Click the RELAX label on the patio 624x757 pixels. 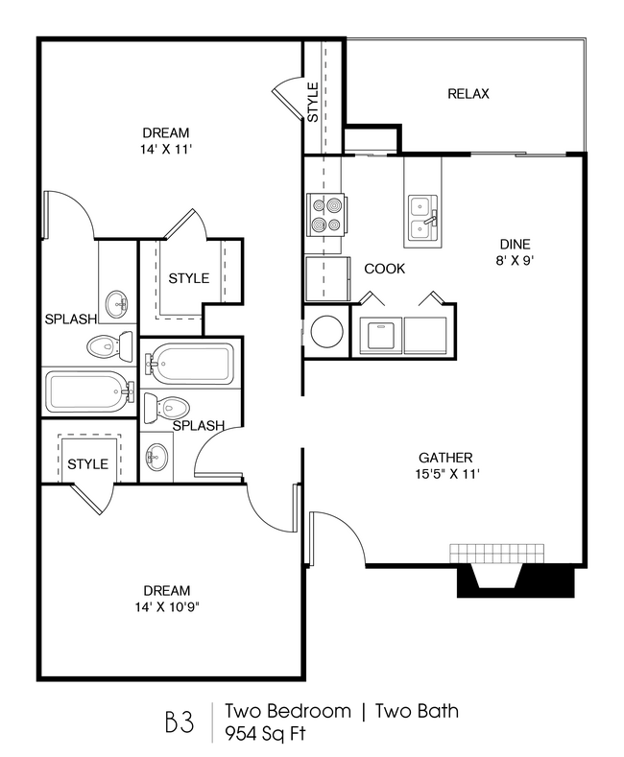(x=468, y=94)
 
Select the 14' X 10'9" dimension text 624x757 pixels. (x=166, y=606)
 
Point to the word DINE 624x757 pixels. (x=515, y=245)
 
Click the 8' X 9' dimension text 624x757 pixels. (x=515, y=261)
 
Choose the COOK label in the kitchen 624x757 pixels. (x=384, y=269)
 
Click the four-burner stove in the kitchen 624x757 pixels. (x=325, y=215)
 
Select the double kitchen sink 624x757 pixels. (x=422, y=216)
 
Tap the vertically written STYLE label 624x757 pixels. (x=313, y=102)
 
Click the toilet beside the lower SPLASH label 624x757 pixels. (x=163, y=408)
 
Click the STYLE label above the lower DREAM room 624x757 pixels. (x=87, y=464)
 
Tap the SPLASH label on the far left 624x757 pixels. (x=70, y=319)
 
